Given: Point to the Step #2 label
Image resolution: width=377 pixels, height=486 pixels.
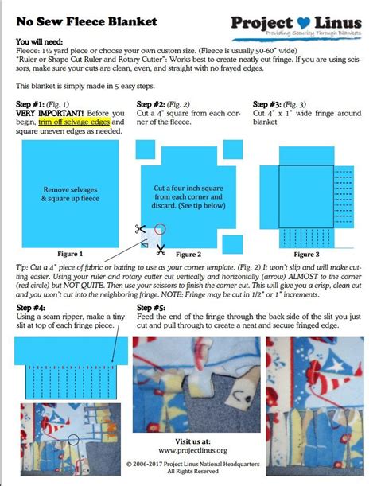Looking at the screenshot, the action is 151,104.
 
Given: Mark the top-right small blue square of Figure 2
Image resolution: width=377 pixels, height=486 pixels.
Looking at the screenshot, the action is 232,150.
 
